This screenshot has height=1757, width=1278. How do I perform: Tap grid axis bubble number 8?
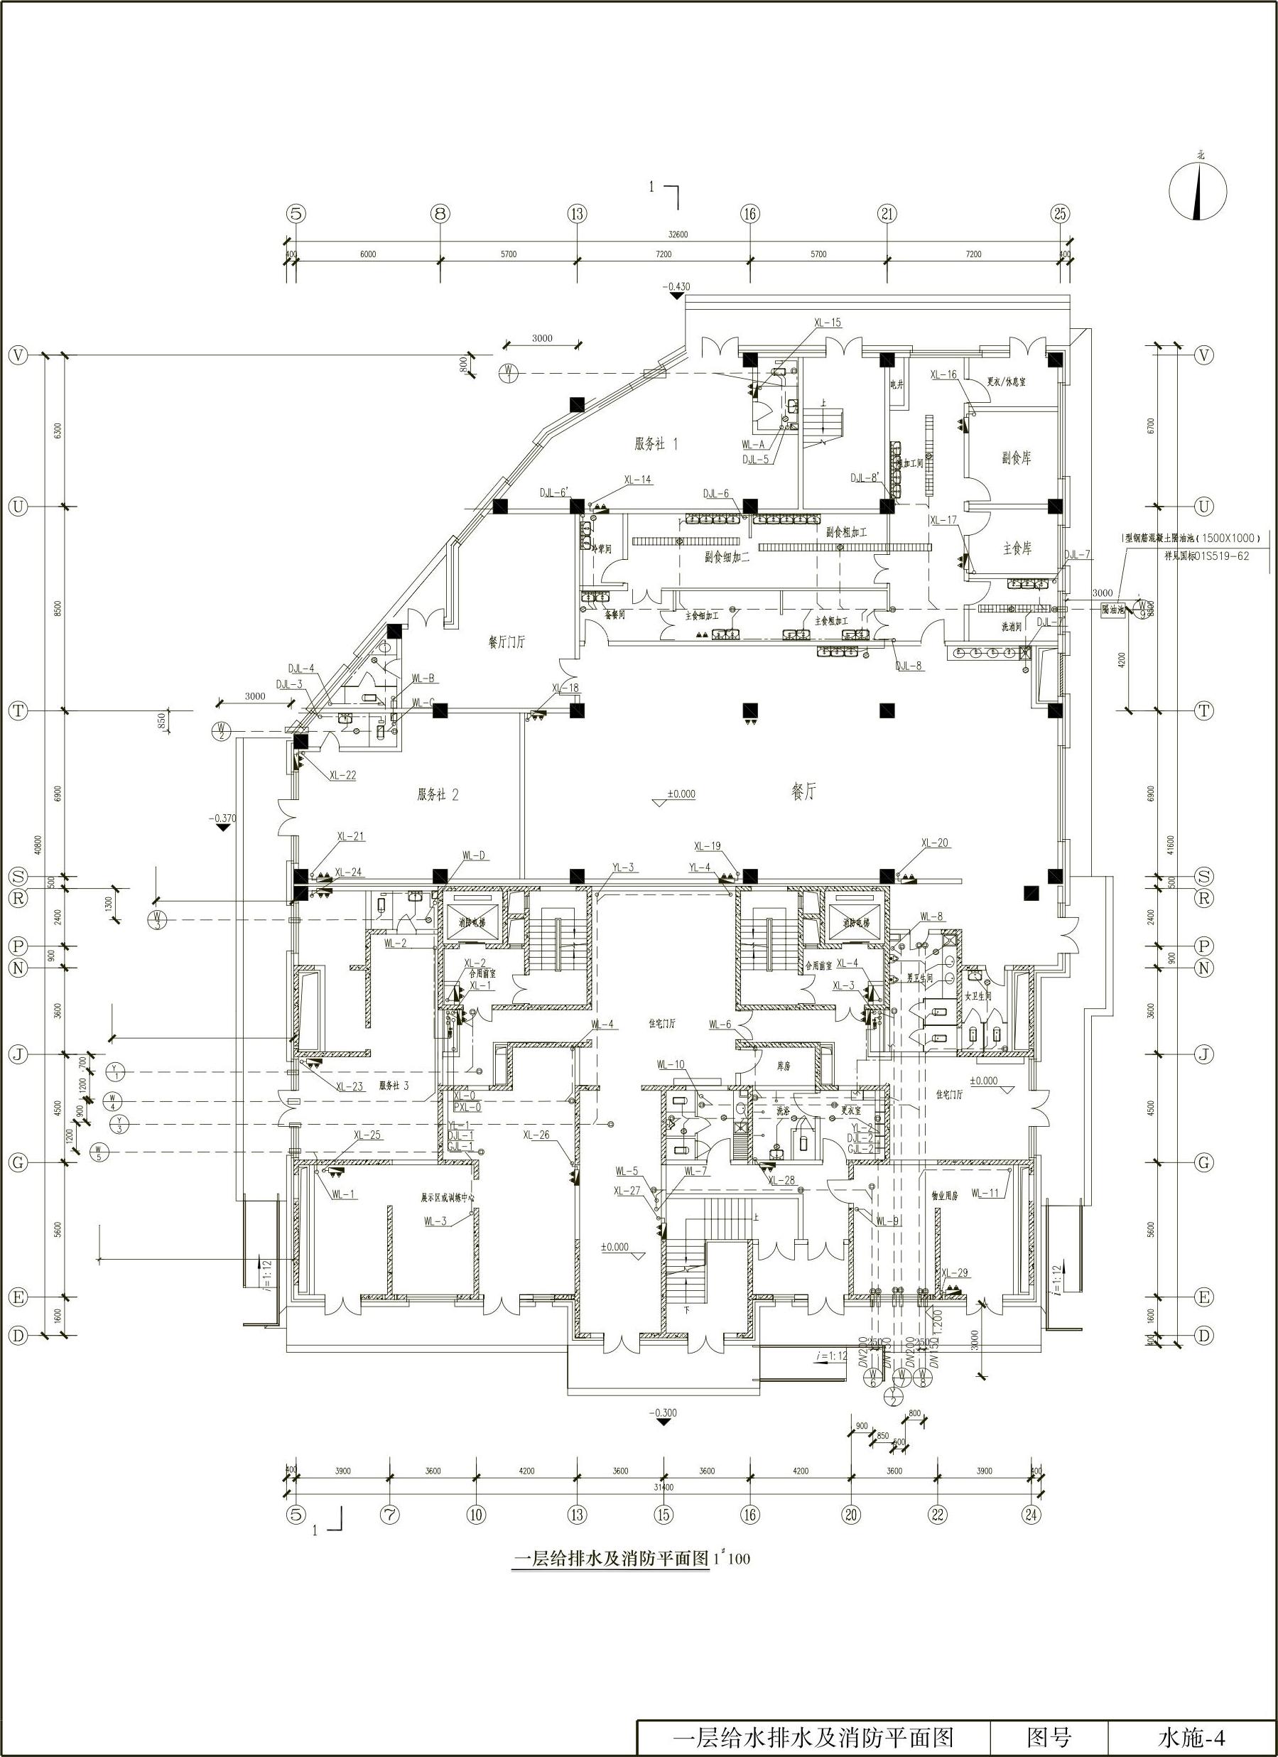pos(440,214)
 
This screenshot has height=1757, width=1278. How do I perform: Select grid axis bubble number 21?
pos(887,214)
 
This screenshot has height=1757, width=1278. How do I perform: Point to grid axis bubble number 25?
pos(1061,214)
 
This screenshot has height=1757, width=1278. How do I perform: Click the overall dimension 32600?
pos(678,234)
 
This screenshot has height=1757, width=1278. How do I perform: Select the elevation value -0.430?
pos(676,286)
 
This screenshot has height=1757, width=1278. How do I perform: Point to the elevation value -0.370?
pos(222,818)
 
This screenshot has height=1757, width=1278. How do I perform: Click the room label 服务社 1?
pos(656,445)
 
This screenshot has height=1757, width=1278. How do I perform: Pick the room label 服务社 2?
pos(438,795)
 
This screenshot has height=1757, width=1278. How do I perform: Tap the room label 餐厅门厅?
pos(507,642)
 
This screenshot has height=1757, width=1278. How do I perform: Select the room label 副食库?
pos(1016,458)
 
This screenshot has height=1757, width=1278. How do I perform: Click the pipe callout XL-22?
pos(342,774)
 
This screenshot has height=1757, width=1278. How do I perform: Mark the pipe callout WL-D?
pos(473,856)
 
